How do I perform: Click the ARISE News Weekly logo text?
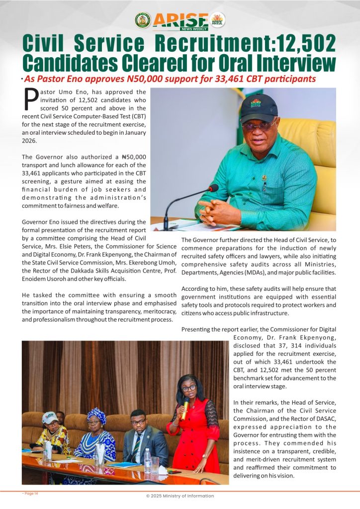tap(180, 20)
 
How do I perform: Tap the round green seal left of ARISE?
tap(143, 20)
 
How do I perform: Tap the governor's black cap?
tap(259, 106)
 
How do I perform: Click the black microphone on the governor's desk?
tap(213, 188)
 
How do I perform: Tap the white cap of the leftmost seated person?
tap(50, 417)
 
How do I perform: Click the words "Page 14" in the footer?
tap(31, 493)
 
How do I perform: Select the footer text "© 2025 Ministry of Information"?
tap(180, 496)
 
